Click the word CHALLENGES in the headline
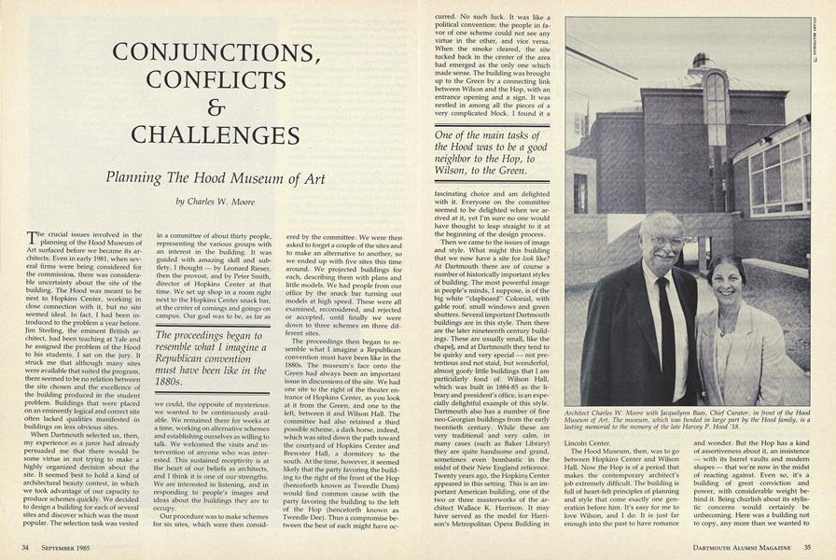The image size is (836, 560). (215, 134)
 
